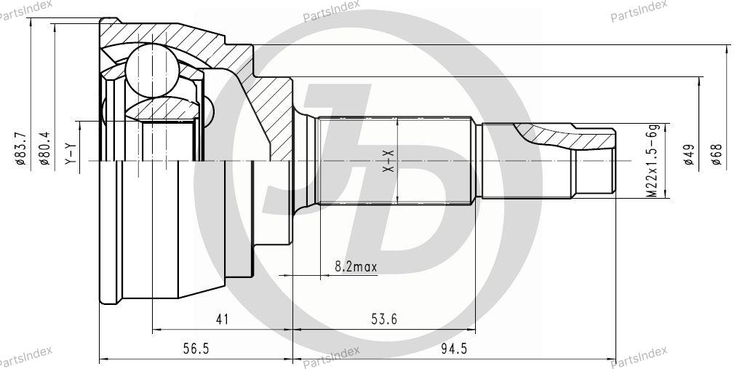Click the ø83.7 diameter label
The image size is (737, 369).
coord(20,148)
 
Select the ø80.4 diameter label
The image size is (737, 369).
coord(44,148)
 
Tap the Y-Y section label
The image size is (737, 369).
coord(70,154)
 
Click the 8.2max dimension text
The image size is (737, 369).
coord(356,267)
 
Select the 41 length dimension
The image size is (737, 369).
coord(222,320)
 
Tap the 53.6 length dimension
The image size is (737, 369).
coord(384,320)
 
